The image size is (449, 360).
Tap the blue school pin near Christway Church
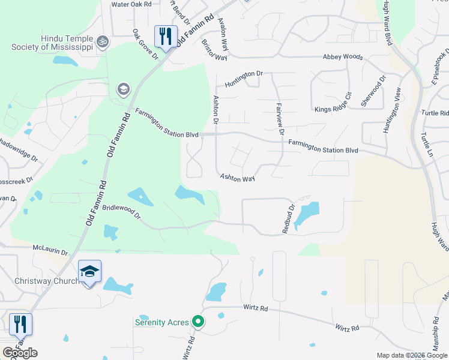(89, 272)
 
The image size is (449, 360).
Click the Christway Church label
(47, 281)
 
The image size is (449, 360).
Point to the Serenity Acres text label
(161, 322)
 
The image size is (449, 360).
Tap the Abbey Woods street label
(343, 57)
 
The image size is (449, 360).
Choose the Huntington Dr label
(244, 79)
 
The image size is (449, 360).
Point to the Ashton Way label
(237, 178)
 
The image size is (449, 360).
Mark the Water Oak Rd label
(131, 4)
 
